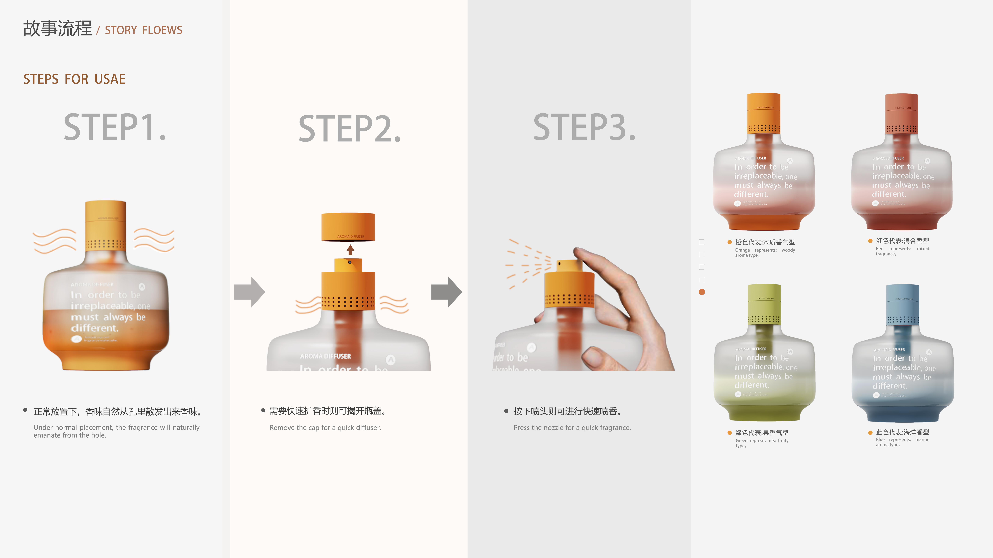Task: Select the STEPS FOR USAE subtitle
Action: tap(74, 79)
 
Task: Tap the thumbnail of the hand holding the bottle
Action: tap(584, 308)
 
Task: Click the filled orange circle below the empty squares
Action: tap(702, 292)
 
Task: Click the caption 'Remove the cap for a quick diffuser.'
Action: tap(325, 427)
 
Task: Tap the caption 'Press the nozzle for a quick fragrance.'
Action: tap(572, 427)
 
